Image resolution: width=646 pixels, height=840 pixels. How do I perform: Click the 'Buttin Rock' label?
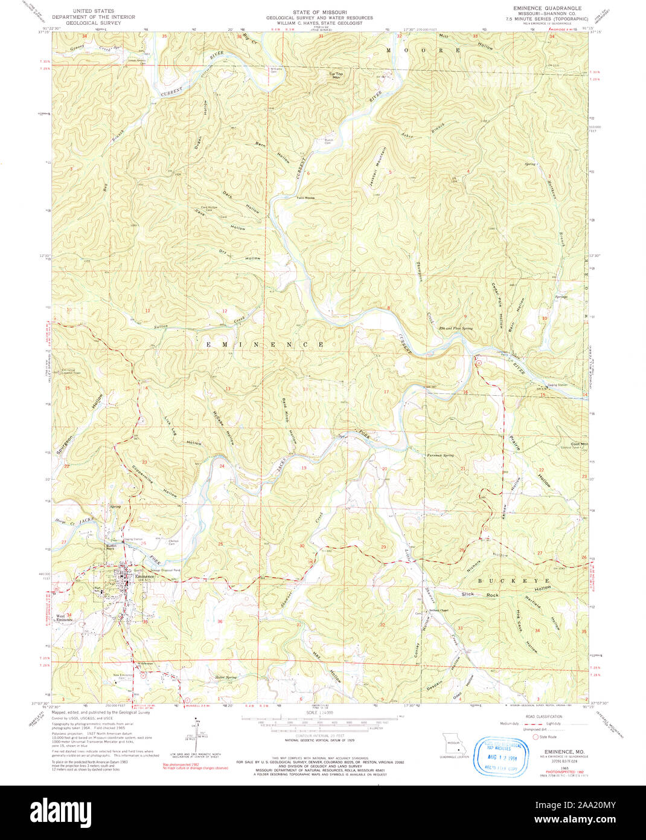tap(110, 546)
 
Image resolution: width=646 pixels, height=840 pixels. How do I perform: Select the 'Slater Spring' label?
tap(226, 677)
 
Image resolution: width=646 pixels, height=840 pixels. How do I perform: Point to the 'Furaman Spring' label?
tap(440, 455)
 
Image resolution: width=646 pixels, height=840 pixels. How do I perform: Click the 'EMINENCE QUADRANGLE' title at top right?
tap(550, 8)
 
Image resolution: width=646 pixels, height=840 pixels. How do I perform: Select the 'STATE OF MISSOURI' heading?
tap(319, 12)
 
